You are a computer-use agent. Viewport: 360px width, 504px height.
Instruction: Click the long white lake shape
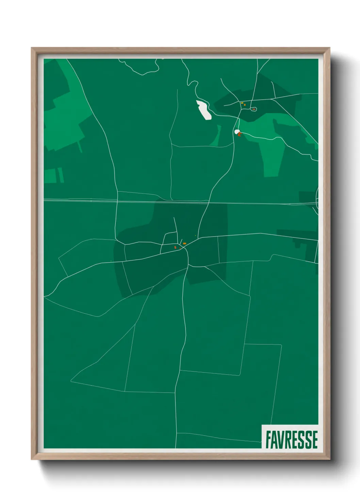[x=204, y=110]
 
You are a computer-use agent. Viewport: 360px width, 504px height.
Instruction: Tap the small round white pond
[x=237, y=131]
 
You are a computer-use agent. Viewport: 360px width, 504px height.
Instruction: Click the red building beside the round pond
[x=240, y=135]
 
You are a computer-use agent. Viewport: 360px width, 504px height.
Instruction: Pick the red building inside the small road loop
[x=253, y=109]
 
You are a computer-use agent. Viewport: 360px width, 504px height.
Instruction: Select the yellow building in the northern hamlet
[x=242, y=103]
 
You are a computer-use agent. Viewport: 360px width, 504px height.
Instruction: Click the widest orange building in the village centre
[x=184, y=243]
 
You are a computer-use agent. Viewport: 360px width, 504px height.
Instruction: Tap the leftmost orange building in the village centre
[x=175, y=247]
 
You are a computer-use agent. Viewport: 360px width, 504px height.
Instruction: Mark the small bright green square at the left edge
[x=50, y=176]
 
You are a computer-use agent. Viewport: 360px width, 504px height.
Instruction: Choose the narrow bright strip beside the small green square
[x=61, y=175]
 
